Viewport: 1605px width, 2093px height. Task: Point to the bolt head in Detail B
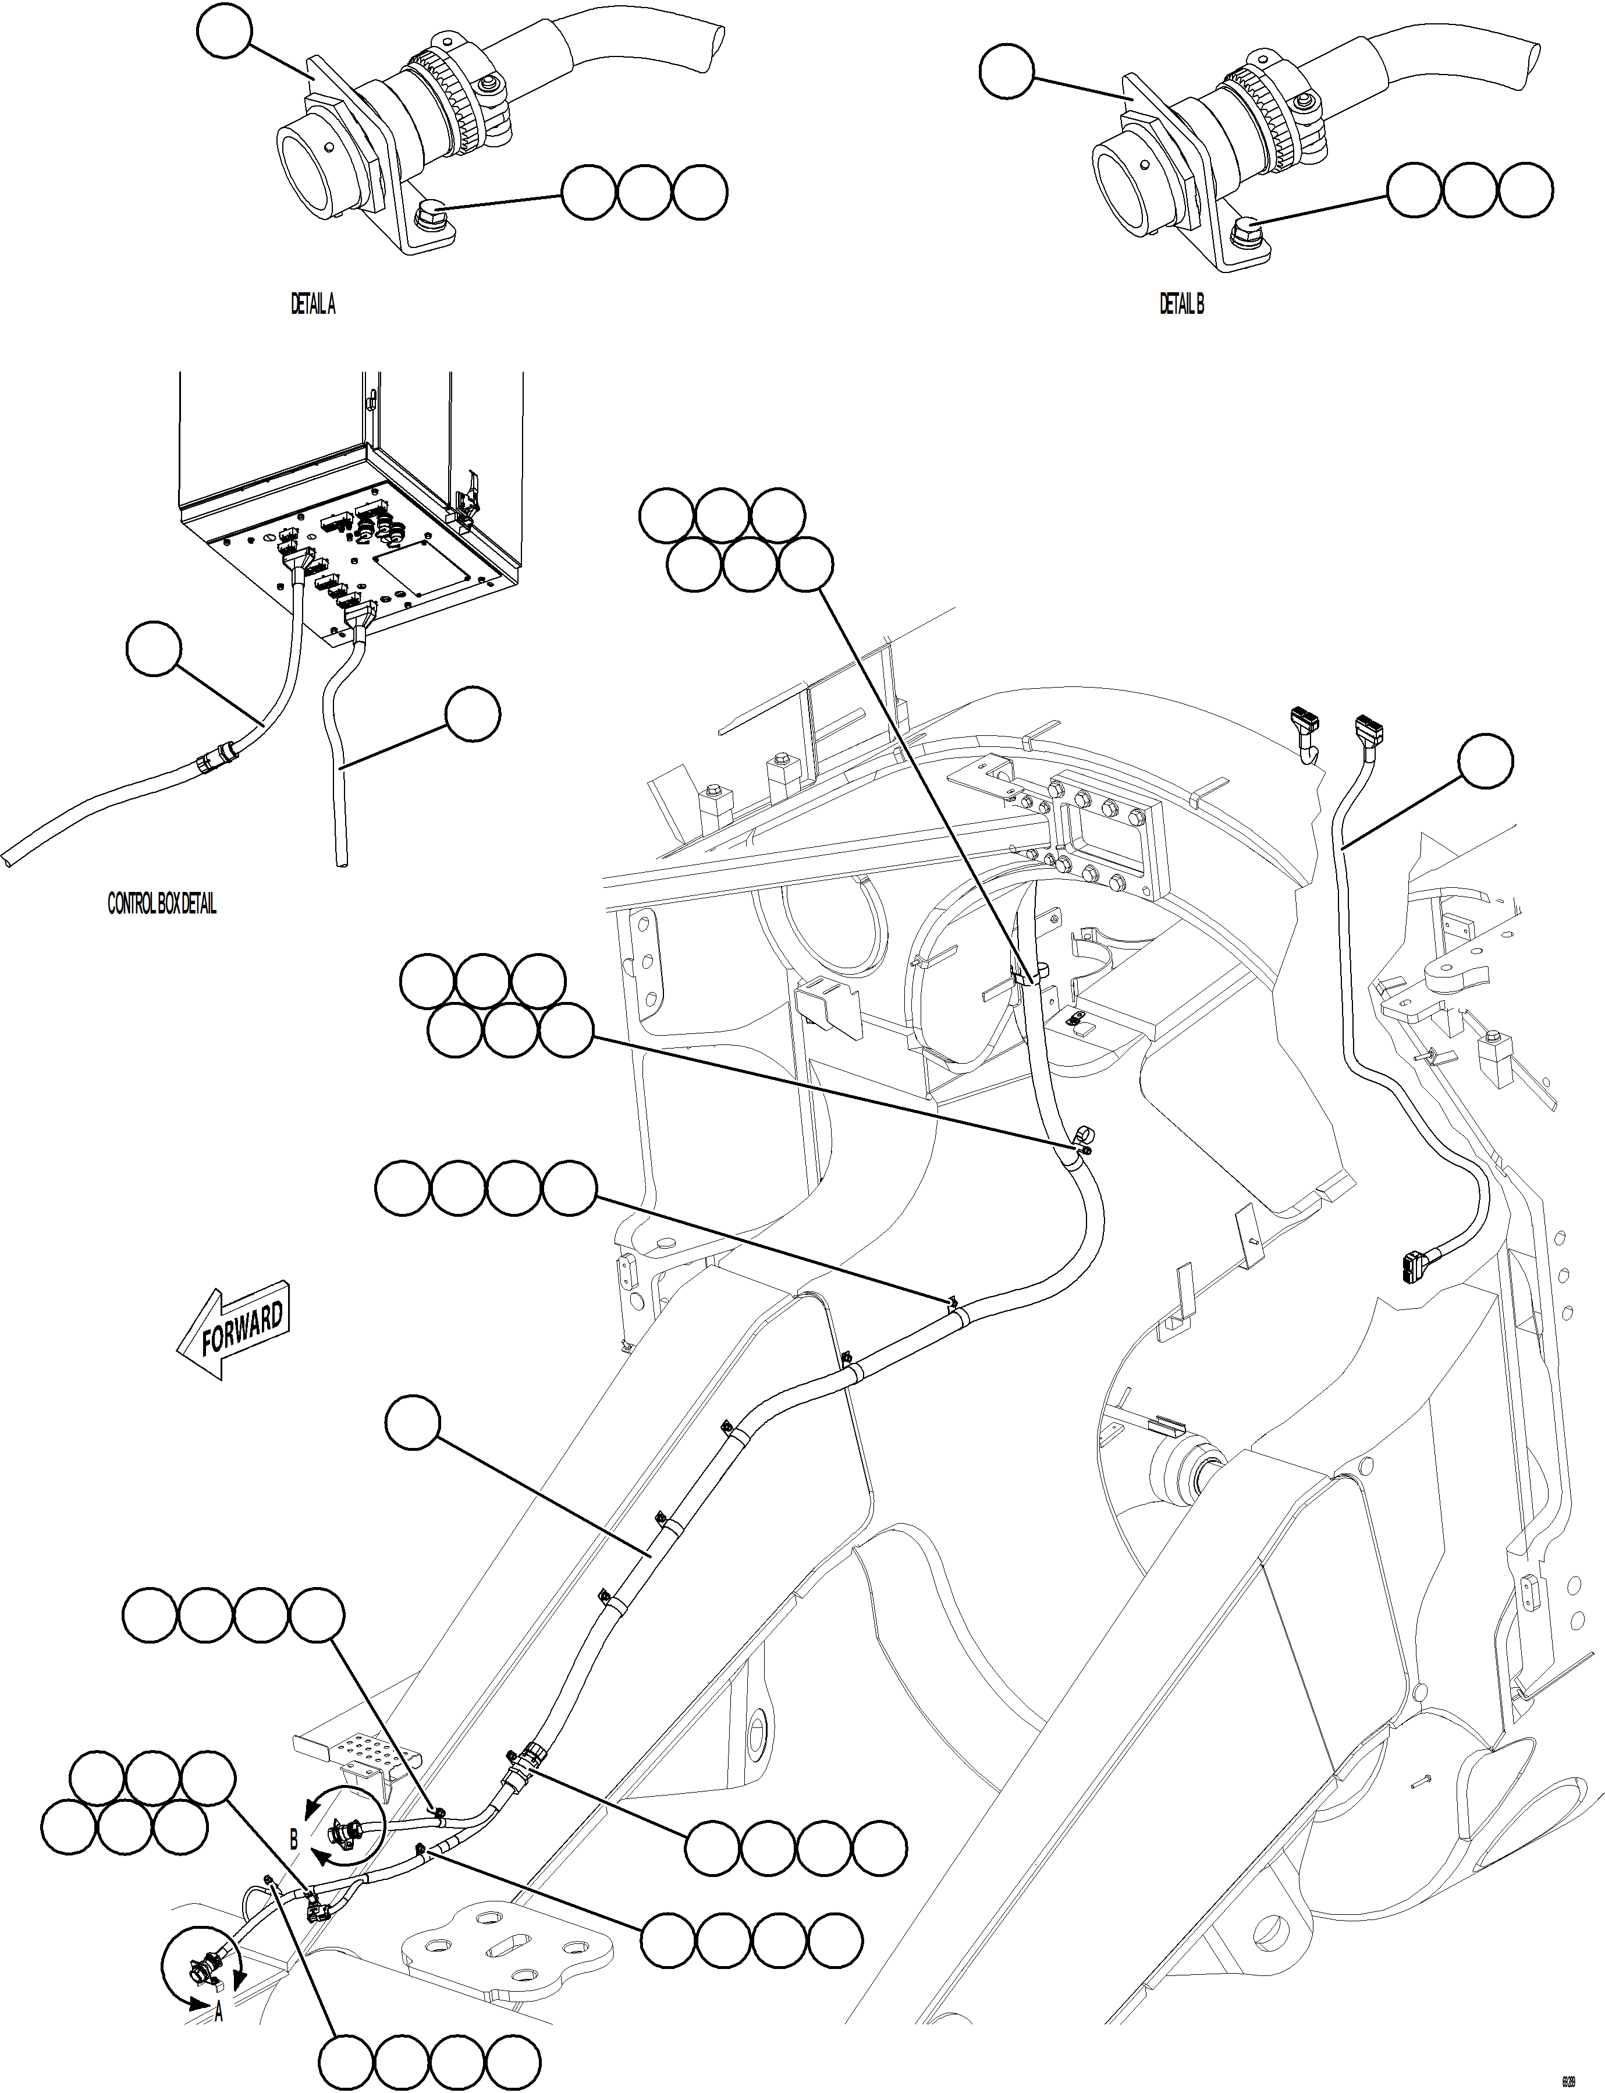click(1248, 229)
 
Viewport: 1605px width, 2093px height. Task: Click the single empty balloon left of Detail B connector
click(1007, 73)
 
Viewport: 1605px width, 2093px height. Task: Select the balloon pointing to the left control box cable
click(153, 649)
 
